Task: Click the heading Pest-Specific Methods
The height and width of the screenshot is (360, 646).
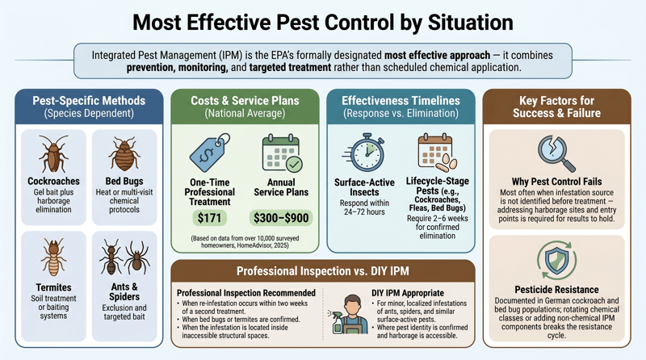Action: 89,101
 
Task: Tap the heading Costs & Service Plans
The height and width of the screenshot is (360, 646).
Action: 244,101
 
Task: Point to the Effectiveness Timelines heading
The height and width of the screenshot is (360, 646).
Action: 401,101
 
